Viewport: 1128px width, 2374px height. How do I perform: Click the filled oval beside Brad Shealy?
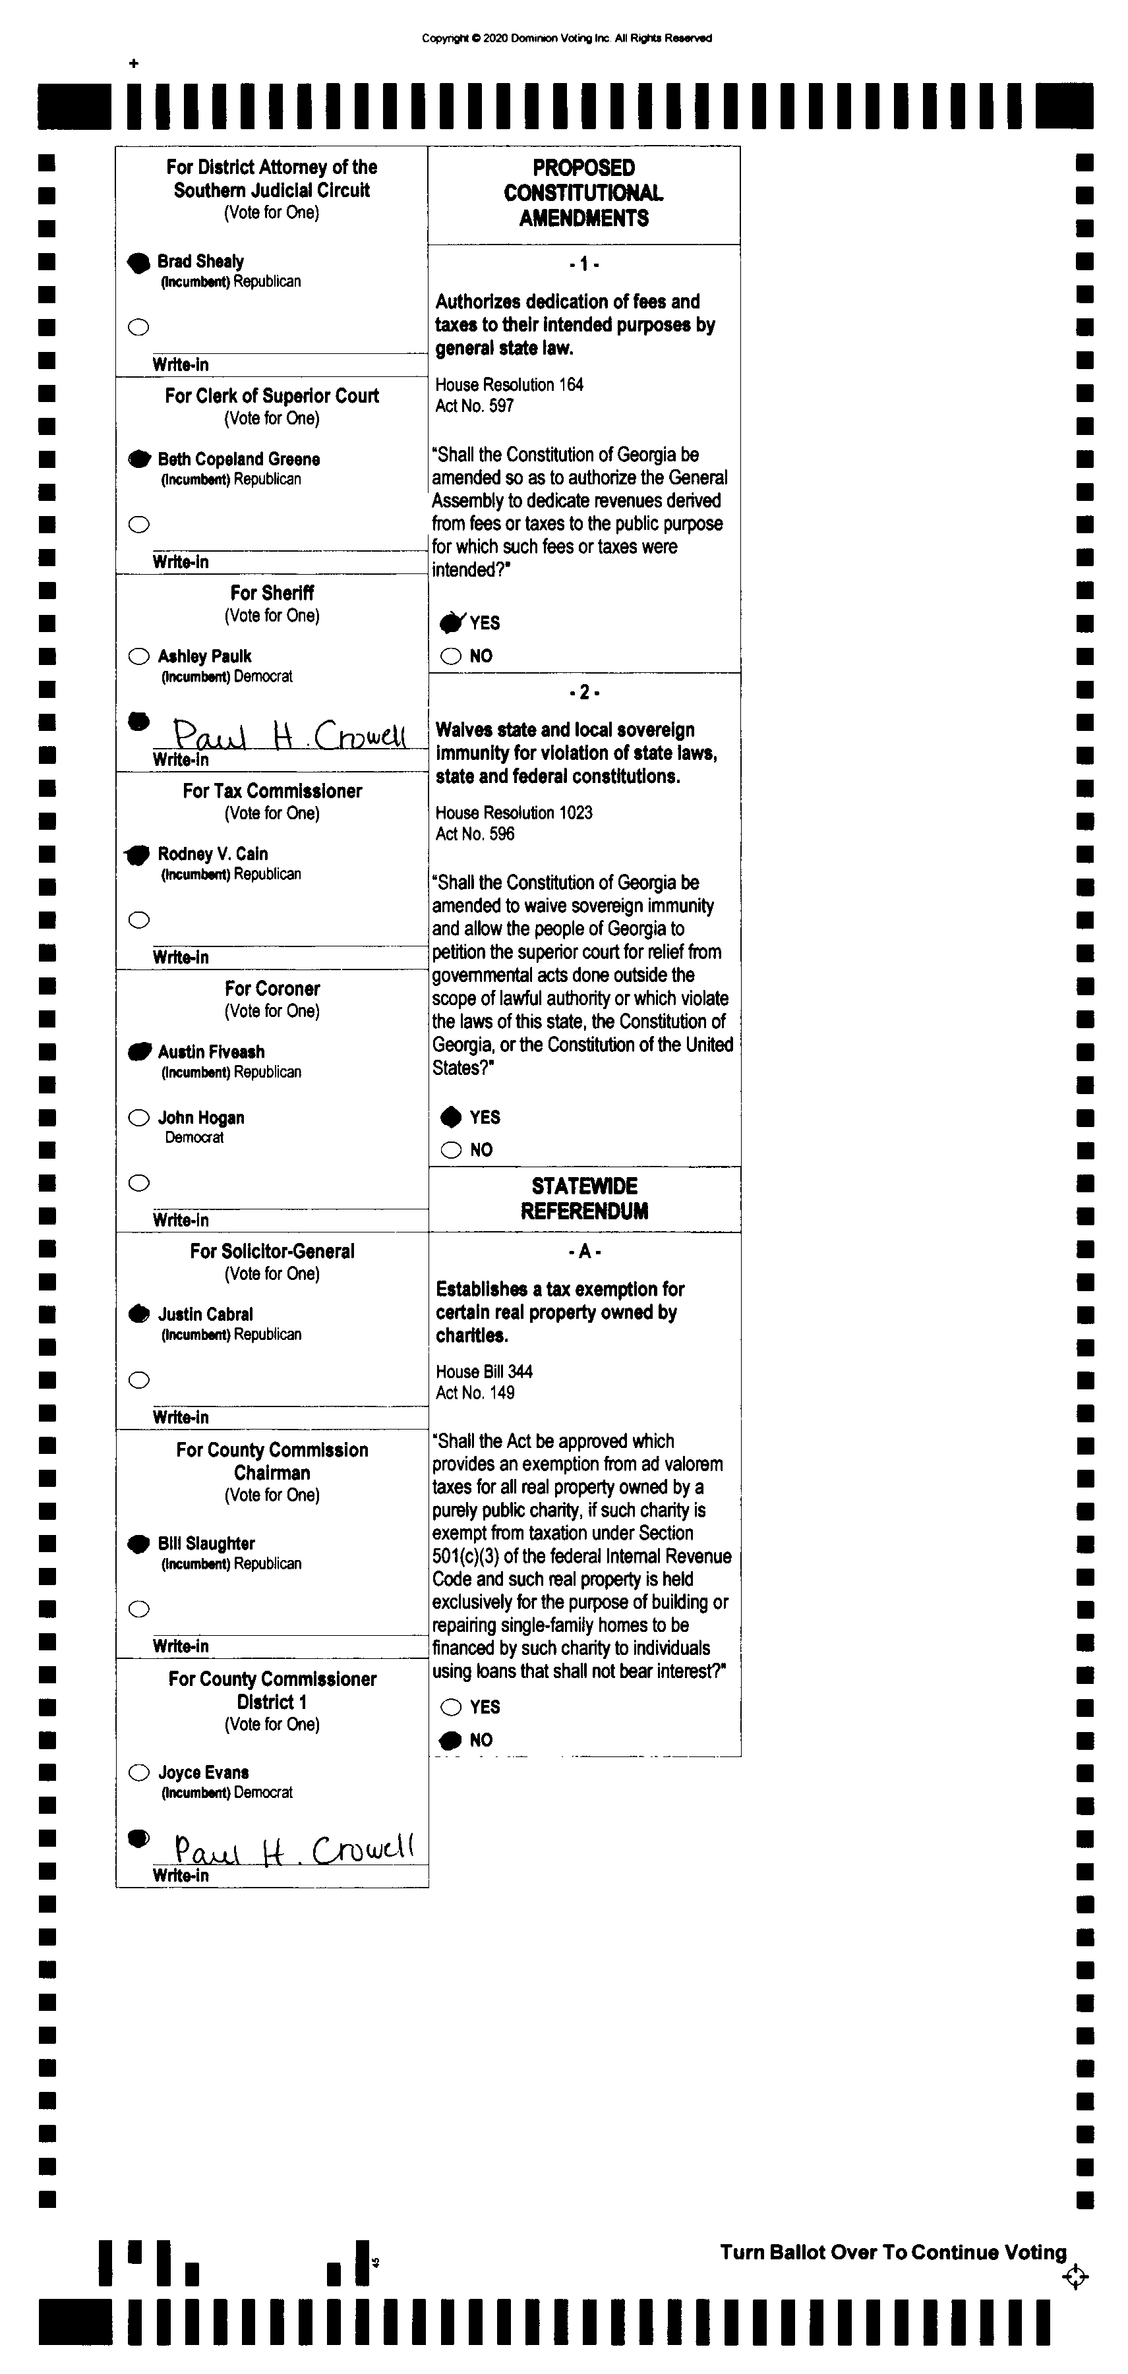point(138,263)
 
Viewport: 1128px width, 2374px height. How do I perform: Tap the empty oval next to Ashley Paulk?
point(138,656)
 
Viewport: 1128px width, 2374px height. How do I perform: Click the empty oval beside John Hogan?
point(138,1118)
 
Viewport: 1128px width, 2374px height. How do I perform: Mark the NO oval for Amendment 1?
point(451,656)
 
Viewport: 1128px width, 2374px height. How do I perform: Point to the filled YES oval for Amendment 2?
point(451,1117)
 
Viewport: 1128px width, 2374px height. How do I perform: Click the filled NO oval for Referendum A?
point(451,1740)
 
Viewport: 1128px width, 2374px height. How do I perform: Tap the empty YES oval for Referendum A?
point(451,1707)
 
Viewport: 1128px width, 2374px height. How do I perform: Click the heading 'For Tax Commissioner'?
point(272,791)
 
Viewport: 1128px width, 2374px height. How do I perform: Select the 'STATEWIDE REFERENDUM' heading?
point(584,1198)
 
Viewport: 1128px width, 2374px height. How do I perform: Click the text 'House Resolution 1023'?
point(514,813)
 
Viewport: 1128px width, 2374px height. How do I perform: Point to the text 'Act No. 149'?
point(475,1393)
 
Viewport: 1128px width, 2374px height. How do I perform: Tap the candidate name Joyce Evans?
point(203,1772)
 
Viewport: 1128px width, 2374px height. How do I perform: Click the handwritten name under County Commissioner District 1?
point(293,1849)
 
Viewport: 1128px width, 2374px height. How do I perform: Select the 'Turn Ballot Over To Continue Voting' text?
point(892,2252)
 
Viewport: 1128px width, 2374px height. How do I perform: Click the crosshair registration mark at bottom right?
point(1075,2277)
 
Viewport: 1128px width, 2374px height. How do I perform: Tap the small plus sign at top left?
point(134,63)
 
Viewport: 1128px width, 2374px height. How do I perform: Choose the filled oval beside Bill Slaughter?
point(138,1544)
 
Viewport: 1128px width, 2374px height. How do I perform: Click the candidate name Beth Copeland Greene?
point(239,459)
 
